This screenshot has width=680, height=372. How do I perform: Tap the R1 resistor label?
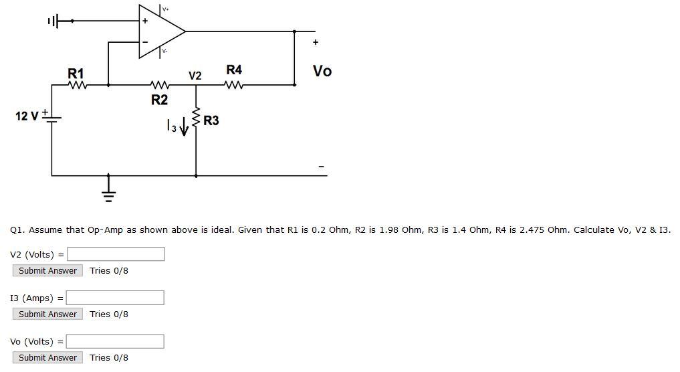point(76,73)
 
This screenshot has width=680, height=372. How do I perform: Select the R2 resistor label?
point(159,100)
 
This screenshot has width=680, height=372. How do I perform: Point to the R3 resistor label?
point(211,120)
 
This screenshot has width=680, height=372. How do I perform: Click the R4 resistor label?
point(234,70)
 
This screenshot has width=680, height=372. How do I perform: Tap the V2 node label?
point(195,76)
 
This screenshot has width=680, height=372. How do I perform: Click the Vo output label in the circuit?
point(322,71)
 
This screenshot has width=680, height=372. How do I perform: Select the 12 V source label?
point(27,116)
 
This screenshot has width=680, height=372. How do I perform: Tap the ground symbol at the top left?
point(53,21)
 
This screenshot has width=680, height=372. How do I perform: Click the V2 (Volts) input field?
point(116,254)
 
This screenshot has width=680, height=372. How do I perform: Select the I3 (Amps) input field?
point(115,298)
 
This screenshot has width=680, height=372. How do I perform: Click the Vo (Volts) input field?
point(115,341)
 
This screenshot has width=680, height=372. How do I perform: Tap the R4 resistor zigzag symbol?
point(234,85)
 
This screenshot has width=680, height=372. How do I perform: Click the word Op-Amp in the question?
point(105,229)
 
